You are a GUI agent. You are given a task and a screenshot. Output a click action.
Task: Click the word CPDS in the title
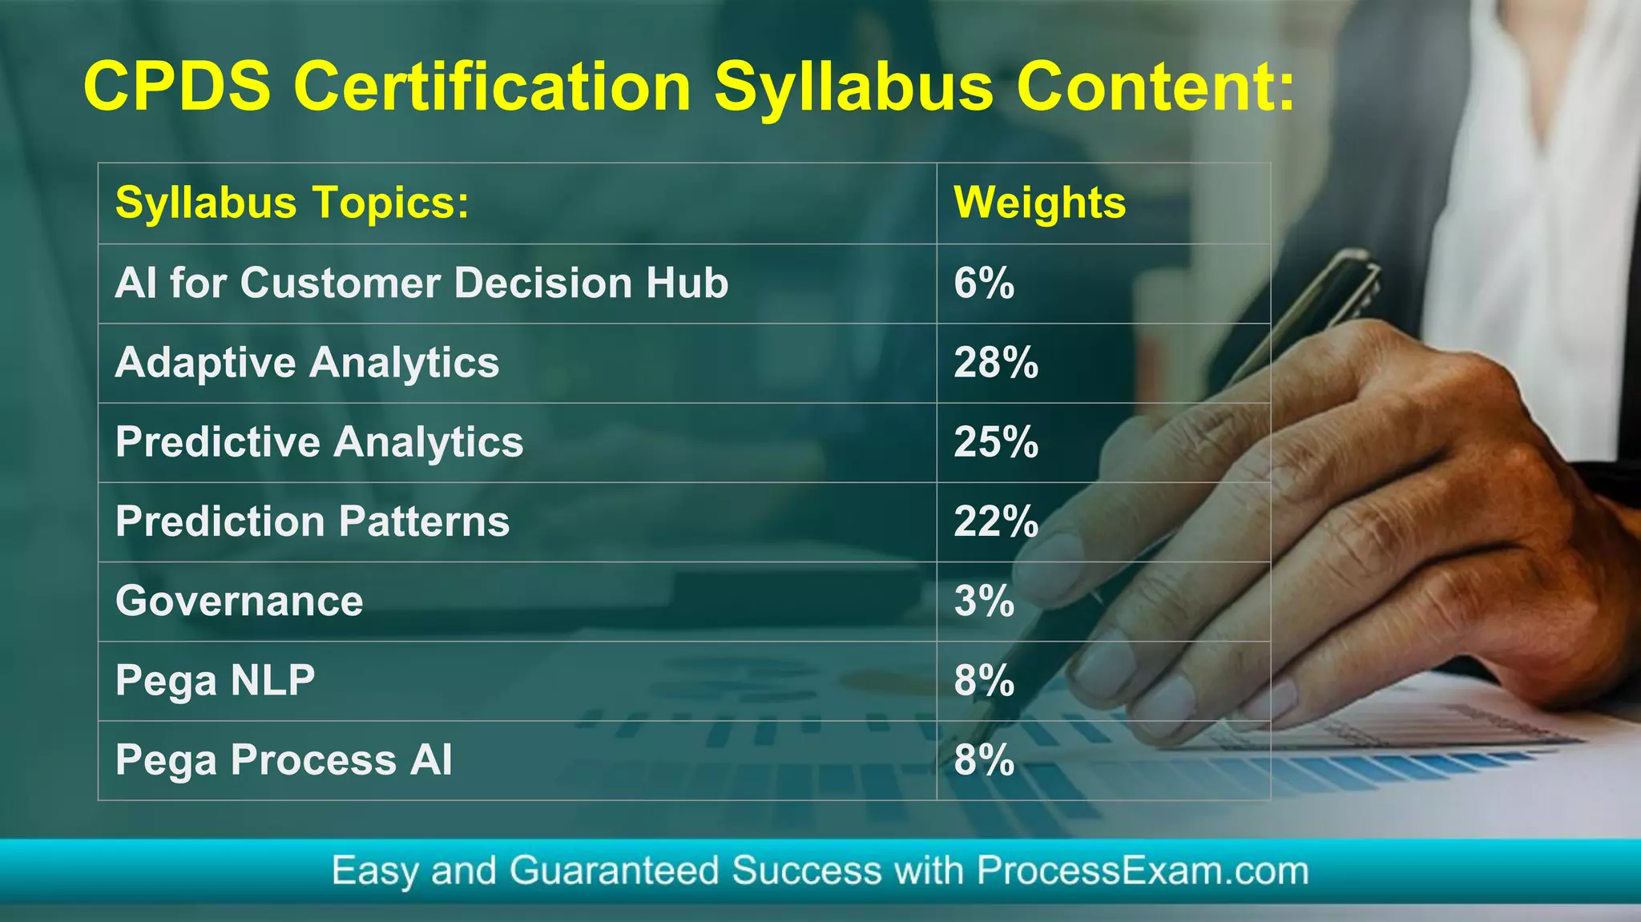[x=178, y=86]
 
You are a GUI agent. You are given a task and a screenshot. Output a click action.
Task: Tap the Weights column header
[x=1039, y=203]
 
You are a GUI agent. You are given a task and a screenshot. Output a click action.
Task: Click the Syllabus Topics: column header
[x=292, y=203]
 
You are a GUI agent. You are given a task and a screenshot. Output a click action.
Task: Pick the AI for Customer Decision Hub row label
[x=421, y=284]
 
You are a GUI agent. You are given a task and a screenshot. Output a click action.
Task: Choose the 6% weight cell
[x=984, y=284]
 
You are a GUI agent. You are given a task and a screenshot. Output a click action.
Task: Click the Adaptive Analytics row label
[x=307, y=363]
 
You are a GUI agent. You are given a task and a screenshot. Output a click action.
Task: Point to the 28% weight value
[x=996, y=363]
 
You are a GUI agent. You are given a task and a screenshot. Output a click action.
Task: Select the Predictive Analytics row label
[x=319, y=442]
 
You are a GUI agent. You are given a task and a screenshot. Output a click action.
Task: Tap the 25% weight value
[x=996, y=442]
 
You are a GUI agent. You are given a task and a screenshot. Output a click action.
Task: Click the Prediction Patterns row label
[x=312, y=521]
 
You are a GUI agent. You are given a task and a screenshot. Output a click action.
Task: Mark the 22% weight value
[x=996, y=521]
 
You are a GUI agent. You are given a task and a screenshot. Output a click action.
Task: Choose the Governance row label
[x=239, y=601]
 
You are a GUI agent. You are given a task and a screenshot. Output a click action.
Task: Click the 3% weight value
[x=984, y=601]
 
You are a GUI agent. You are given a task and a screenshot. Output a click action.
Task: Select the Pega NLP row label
[x=215, y=681]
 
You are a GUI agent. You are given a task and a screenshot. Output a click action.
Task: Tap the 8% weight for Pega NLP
[x=984, y=681]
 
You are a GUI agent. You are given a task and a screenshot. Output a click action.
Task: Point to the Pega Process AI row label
[x=284, y=760]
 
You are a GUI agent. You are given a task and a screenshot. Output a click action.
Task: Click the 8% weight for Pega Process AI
[x=984, y=760]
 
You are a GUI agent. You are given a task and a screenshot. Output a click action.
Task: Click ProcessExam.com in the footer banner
[x=1142, y=871]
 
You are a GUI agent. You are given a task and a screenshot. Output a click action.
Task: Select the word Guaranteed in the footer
[x=614, y=871]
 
